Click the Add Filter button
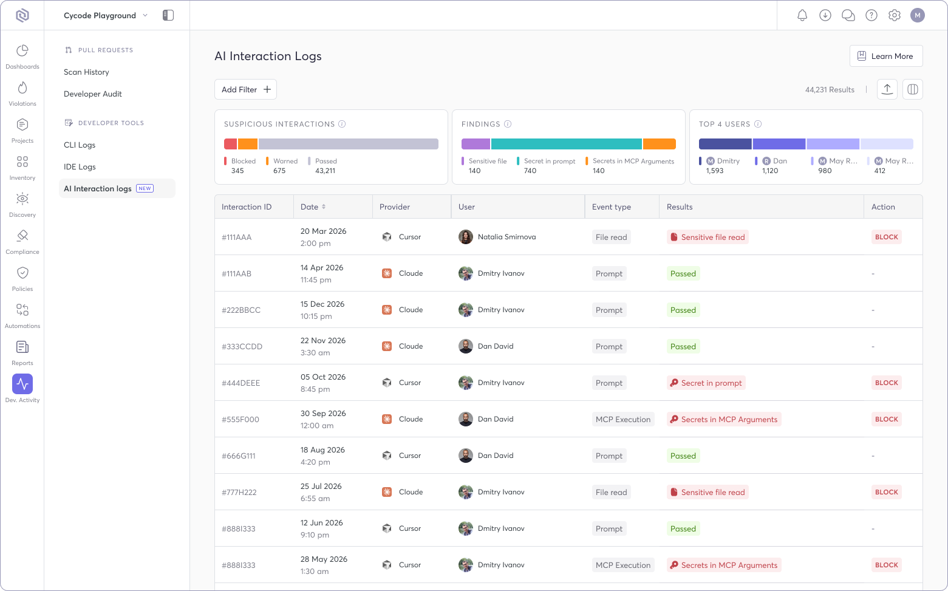pos(245,89)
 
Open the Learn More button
pos(885,56)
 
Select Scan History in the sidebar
pos(86,72)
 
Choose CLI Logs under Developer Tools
pos(80,145)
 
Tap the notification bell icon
pos(802,15)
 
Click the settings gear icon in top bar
pos(894,15)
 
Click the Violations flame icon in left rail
pos(22,88)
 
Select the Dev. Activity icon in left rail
pos(22,384)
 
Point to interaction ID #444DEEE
pos(240,383)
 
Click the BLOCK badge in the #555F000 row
pos(886,419)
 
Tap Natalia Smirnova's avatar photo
pos(466,237)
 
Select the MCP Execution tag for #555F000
pos(622,419)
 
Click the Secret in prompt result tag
pos(706,383)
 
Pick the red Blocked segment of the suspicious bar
pos(230,144)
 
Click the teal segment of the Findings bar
pos(566,144)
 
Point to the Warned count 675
pos(279,171)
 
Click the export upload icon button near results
pos(887,89)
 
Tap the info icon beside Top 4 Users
pos(758,124)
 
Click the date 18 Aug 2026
pos(322,450)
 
